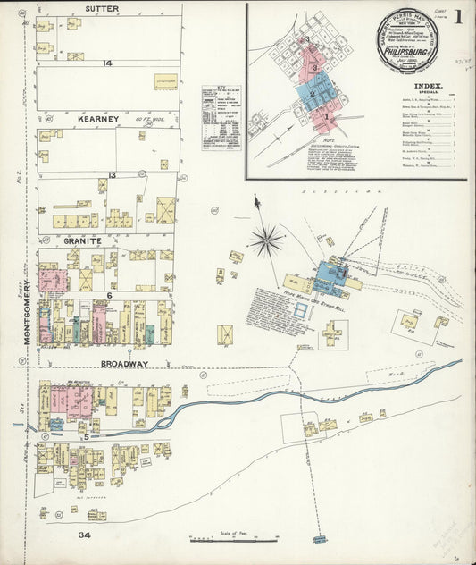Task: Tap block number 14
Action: pos(107,63)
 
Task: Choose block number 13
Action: pos(112,175)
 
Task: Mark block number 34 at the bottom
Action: pos(84,535)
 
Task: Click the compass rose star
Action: pos(266,239)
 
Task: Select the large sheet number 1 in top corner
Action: pos(456,17)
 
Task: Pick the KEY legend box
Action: pos(221,117)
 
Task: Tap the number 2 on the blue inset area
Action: pos(313,91)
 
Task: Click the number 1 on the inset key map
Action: pos(327,116)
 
